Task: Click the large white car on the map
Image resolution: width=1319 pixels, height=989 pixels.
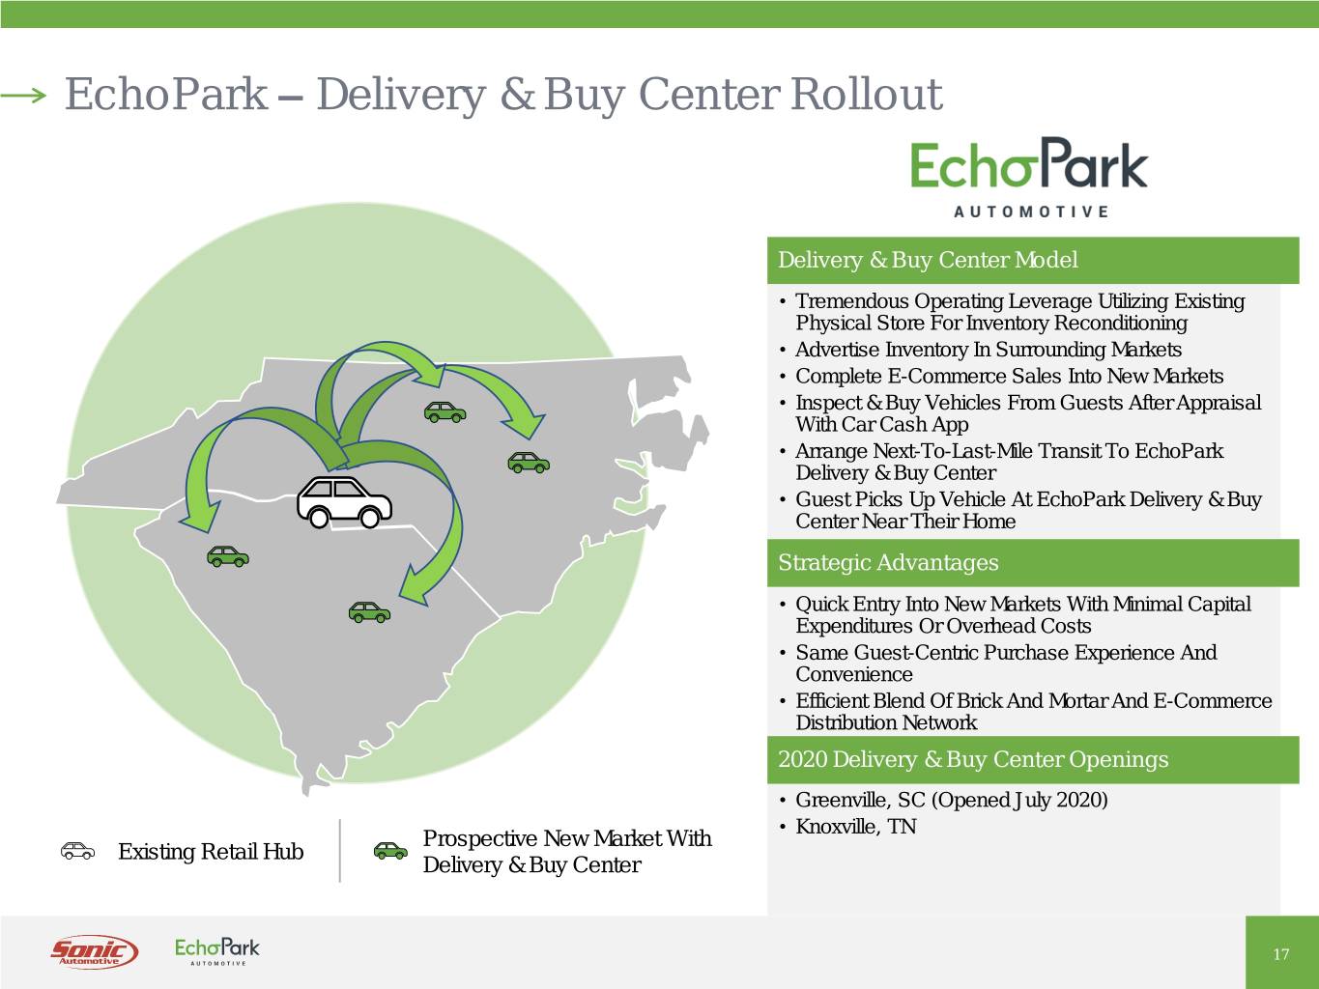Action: [344, 501]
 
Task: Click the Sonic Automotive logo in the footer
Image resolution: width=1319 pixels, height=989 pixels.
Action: [94, 951]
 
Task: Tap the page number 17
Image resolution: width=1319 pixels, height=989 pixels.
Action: [1280, 954]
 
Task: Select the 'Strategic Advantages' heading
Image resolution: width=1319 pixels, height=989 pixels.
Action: [888, 563]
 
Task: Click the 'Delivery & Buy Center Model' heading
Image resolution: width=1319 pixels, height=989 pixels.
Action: [927, 260]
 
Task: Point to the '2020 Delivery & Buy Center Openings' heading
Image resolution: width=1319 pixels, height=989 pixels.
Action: [973, 760]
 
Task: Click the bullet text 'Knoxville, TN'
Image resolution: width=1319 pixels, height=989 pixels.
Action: [855, 827]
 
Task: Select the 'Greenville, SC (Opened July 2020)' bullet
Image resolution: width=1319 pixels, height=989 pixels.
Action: [951, 800]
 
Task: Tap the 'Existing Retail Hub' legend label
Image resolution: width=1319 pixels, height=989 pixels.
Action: [210, 852]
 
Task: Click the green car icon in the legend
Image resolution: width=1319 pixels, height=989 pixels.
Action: [390, 851]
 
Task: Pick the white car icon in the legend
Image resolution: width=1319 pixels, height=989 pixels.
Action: [77, 851]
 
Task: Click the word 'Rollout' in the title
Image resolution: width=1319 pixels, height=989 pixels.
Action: [866, 95]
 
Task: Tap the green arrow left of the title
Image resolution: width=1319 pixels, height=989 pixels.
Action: [23, 95]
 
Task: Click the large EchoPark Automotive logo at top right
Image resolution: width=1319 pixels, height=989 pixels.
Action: [1029, 177]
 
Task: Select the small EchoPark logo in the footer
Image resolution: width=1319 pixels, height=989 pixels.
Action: [216, 950]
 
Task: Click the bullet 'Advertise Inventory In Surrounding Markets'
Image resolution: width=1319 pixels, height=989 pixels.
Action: [988, 350]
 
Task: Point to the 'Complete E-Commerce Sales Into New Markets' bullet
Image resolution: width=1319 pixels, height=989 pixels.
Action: [1009, 377]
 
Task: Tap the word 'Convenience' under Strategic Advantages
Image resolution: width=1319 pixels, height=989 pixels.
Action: [853, 675]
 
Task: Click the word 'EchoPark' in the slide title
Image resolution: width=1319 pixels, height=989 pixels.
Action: [165, 95]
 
